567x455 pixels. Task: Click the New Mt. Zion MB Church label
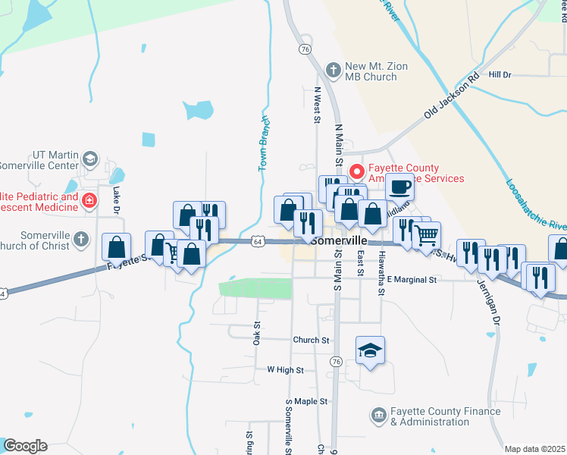pyautogui.click(x=376, y=71)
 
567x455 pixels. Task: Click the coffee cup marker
pyautogui.click(x=399, y=186)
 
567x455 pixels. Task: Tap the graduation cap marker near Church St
pyautogui.click(x=370, y=350)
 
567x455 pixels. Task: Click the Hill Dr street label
pyautogui.click(x=500, y=74)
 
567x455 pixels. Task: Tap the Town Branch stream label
pyautogui.click(x=265, y=143)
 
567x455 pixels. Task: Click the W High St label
pyautogui.click(x=285, y=370)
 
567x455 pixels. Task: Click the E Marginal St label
pyautogui.click(x=412, y=280)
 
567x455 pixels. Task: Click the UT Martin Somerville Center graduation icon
pyautogui.click(x=89, y=159)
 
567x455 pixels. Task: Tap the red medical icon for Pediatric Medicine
pyautogui.click(x=89, y=201)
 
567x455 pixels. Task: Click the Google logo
pyautogui.click(x=24, y=446)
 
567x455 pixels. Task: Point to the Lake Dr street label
pyautogui.click(x=117, y=200)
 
